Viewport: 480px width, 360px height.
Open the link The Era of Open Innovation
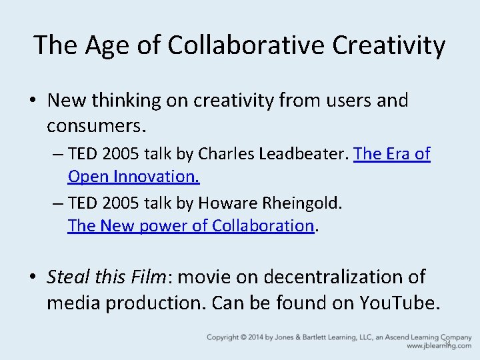[392, 154]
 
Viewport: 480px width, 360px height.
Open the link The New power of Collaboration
[190, 225]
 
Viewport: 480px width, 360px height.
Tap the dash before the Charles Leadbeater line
[58, 154]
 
